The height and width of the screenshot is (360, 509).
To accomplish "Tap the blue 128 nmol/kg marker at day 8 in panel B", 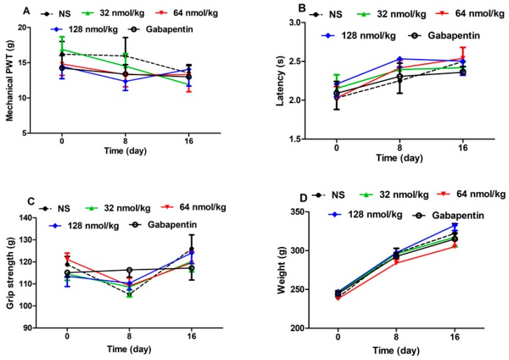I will (x=398, y=59).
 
